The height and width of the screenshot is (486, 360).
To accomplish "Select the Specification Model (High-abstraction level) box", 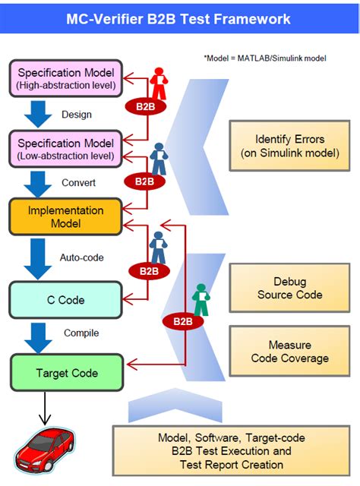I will point(65,79).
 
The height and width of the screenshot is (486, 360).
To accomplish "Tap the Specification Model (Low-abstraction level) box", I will point(65,149).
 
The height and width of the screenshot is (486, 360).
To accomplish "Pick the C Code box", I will point(65,300).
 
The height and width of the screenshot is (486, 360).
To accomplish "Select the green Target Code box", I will point(66,373).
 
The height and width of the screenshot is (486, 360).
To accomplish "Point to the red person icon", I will point(159,83).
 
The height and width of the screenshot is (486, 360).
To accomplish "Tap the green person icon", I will point(200,298).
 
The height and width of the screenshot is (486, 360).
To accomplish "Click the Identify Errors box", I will point(289,147).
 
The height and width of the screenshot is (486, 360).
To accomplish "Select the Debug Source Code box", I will point(289,288).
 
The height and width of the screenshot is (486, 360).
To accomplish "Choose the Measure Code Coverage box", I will point(289,352).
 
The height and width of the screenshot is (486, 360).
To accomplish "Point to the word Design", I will point(76,115).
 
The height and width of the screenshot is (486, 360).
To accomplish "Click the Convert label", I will point(78,183).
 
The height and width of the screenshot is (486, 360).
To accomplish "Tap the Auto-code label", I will point(82,257).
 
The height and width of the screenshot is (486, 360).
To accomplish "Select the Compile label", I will point(81,333).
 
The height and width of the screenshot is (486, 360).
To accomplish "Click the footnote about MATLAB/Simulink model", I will point(264,58).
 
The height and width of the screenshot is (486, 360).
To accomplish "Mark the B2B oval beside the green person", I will point(183,321).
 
